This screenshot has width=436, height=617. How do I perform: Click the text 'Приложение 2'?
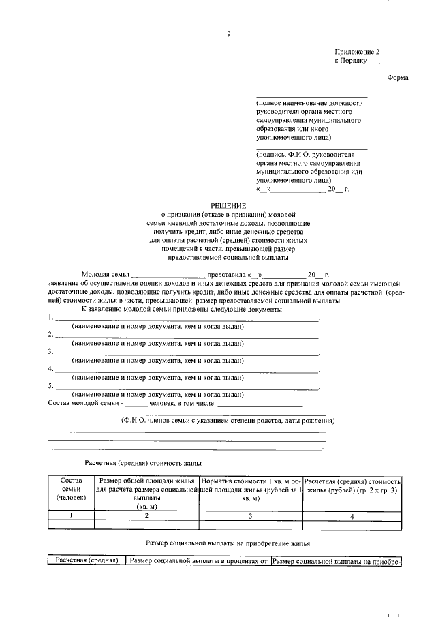pos(356,52)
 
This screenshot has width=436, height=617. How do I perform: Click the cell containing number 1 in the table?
pos(70,516)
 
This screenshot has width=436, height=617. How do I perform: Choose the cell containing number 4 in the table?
pos(352,516)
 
